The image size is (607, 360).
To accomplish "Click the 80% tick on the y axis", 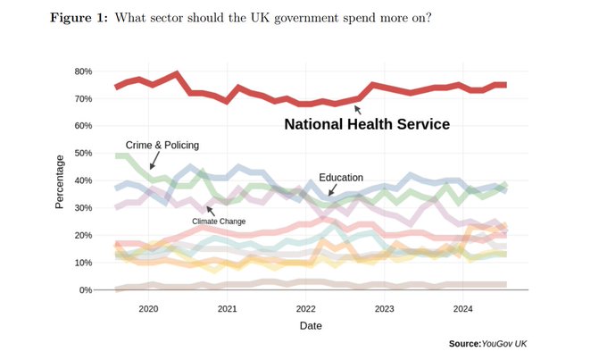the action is coord(83,71).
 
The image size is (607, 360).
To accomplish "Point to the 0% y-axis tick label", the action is coord(86,289).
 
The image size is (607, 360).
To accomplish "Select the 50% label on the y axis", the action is coord(83,153).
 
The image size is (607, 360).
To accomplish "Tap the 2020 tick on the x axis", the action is coord(148,309).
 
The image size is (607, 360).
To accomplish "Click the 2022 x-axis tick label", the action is coord(306,309).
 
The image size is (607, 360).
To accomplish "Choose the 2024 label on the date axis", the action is coord(463,309).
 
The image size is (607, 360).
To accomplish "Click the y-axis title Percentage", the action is coord(59,181).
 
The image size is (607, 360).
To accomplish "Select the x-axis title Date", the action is coord(311,325).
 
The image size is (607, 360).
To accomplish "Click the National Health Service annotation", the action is coord(367,124).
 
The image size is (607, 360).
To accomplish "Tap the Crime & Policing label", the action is coord(162,146).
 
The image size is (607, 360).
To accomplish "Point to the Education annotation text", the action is coord(341,178).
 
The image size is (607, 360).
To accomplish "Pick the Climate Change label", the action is coord(219,222).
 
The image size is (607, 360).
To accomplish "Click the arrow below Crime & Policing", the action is coord(154,160).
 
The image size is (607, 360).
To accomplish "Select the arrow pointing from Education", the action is coord(332,190).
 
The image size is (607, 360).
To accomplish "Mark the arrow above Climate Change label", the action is coord(211,211).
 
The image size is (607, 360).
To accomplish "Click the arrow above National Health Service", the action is coord(358,110).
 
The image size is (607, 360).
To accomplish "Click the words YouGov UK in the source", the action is coord(504,344).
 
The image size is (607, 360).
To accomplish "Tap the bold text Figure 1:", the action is coord(79,18).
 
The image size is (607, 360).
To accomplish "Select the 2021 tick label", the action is coord(228,309).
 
